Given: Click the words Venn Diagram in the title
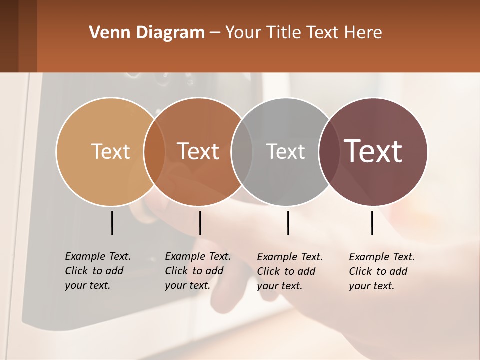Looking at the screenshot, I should coord(147,33).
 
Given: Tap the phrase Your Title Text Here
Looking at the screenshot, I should coord(303,33).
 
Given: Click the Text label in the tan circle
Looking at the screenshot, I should coord(110,151).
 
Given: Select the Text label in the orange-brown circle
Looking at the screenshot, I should coord(198,151).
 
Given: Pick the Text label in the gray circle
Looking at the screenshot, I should coord(285,151).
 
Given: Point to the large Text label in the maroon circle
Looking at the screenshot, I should coord(373,151).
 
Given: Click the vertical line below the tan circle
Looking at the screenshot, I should coord(112,223).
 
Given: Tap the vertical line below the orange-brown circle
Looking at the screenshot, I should coord(200,223).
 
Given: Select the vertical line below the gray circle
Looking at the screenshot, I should coord(288,223).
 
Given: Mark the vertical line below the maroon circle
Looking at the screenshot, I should coord(372,223).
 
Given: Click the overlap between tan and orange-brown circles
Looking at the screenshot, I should coord(154,151).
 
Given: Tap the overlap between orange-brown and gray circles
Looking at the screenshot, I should coord(242,151).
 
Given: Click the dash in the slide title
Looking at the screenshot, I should coord(215,33).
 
